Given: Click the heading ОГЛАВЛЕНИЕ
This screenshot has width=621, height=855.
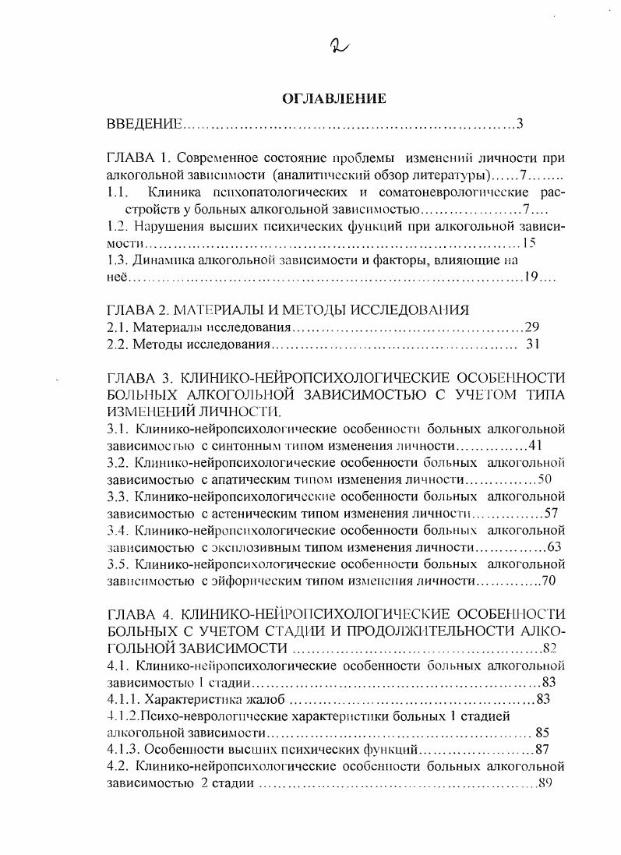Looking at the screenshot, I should (x=333, y=99).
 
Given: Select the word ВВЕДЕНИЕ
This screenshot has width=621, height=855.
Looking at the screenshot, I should (x=144, y=125).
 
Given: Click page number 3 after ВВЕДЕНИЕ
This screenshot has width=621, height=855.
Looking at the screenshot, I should (x=519, y=125).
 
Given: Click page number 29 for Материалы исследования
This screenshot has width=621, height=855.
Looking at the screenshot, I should (x=533, y=327).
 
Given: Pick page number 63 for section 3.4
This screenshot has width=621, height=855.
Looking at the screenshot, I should (x=555, y=547).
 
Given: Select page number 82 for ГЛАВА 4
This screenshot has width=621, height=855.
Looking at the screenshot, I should (x=551, y=648).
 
